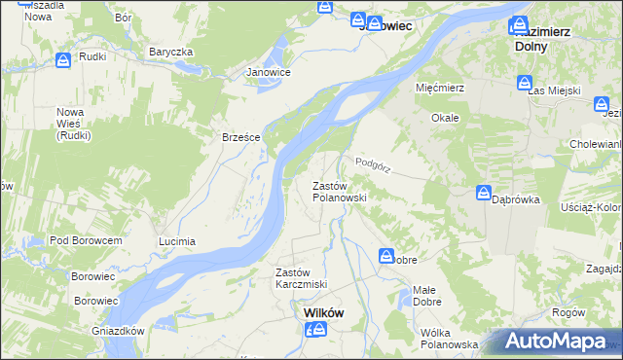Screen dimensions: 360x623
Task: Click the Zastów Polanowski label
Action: [339, 191]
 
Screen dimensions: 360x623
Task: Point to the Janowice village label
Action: [269, 72]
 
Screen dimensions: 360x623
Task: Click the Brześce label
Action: [240, 137]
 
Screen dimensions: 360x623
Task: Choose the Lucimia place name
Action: [177, 240]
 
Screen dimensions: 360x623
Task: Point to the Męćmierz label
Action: [442, 88]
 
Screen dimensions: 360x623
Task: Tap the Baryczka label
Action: [171, 52]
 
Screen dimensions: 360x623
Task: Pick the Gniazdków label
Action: [121, 331]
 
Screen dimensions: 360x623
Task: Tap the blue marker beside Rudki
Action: [62, 60]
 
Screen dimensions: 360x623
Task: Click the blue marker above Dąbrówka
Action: [485, 193]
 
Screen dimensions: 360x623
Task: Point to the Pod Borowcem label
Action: [86, 240]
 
